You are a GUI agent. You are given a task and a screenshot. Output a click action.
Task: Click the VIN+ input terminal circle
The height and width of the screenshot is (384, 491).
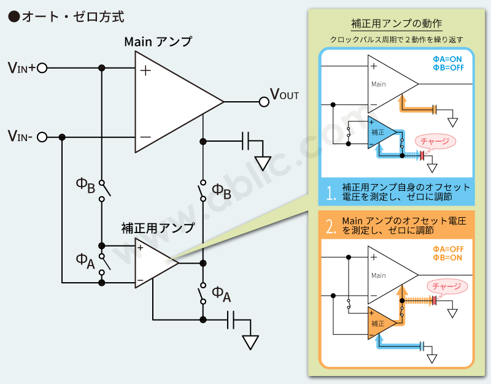(x=42, y=68)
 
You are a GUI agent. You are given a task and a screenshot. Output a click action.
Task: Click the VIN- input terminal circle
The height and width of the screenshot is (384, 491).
(x=42, y=137)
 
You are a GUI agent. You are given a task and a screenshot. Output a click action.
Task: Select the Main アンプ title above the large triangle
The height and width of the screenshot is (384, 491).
(x=158, y=42)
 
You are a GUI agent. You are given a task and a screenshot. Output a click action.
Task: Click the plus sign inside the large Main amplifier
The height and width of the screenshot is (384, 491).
(x=145, y=71)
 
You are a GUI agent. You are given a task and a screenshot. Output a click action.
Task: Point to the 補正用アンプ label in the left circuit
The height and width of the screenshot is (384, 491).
(x=158, y=228)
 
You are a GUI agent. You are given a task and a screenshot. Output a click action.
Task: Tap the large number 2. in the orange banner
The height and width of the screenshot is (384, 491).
(x=331, y=228)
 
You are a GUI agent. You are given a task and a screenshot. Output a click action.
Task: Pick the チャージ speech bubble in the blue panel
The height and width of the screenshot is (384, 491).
(x=436, y=141)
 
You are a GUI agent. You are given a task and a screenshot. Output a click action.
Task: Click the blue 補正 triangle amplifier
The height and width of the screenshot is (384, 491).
(x=378, y=132)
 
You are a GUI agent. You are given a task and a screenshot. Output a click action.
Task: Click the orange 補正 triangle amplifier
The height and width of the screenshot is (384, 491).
(x=378, y=323)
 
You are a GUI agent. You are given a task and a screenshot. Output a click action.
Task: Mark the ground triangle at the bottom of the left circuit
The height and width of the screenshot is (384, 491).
(x=250, y=342)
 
